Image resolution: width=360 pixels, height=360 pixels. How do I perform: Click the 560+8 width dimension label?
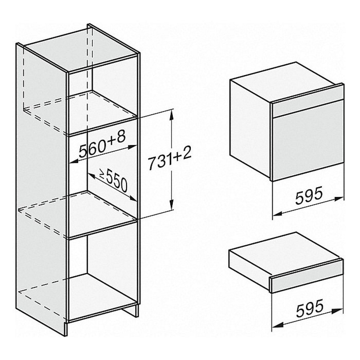click(103, 144)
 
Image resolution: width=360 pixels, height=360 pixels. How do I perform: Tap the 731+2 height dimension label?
click(170, 158)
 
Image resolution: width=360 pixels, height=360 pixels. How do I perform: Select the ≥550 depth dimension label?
click(113, 180)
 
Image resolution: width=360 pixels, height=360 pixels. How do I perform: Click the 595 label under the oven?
click(309, 195)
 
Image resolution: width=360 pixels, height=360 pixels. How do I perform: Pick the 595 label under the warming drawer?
click(310, 308)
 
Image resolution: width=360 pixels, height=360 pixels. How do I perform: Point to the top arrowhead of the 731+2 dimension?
click(171, 115)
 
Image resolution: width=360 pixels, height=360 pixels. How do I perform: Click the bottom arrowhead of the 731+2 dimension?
click(171, 204)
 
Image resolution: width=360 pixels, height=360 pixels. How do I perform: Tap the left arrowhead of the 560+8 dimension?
click(74, 162)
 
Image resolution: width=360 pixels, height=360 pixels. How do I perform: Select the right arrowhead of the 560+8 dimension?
click(132, 147)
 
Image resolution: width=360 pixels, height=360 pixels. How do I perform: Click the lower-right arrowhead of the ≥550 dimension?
click(133, 198)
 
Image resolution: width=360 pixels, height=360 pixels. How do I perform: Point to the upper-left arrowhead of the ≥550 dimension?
click(92, 176)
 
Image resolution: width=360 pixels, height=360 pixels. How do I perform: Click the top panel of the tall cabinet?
click(79, 49)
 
